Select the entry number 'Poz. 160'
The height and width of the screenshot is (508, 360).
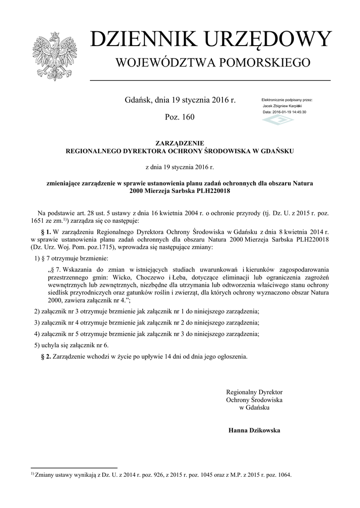pyautogui.click(x=179, y=117)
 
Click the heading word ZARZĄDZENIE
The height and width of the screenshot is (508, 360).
pyautogui.click(x=180, y=143)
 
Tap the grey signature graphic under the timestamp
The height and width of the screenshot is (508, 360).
pyautogui.click(x=279, y=121)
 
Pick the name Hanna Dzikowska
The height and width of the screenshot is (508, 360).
pyautogui.click(x=254, y=430)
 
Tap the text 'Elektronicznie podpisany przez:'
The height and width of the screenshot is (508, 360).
pyautogui.click(x=287, y=100)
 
